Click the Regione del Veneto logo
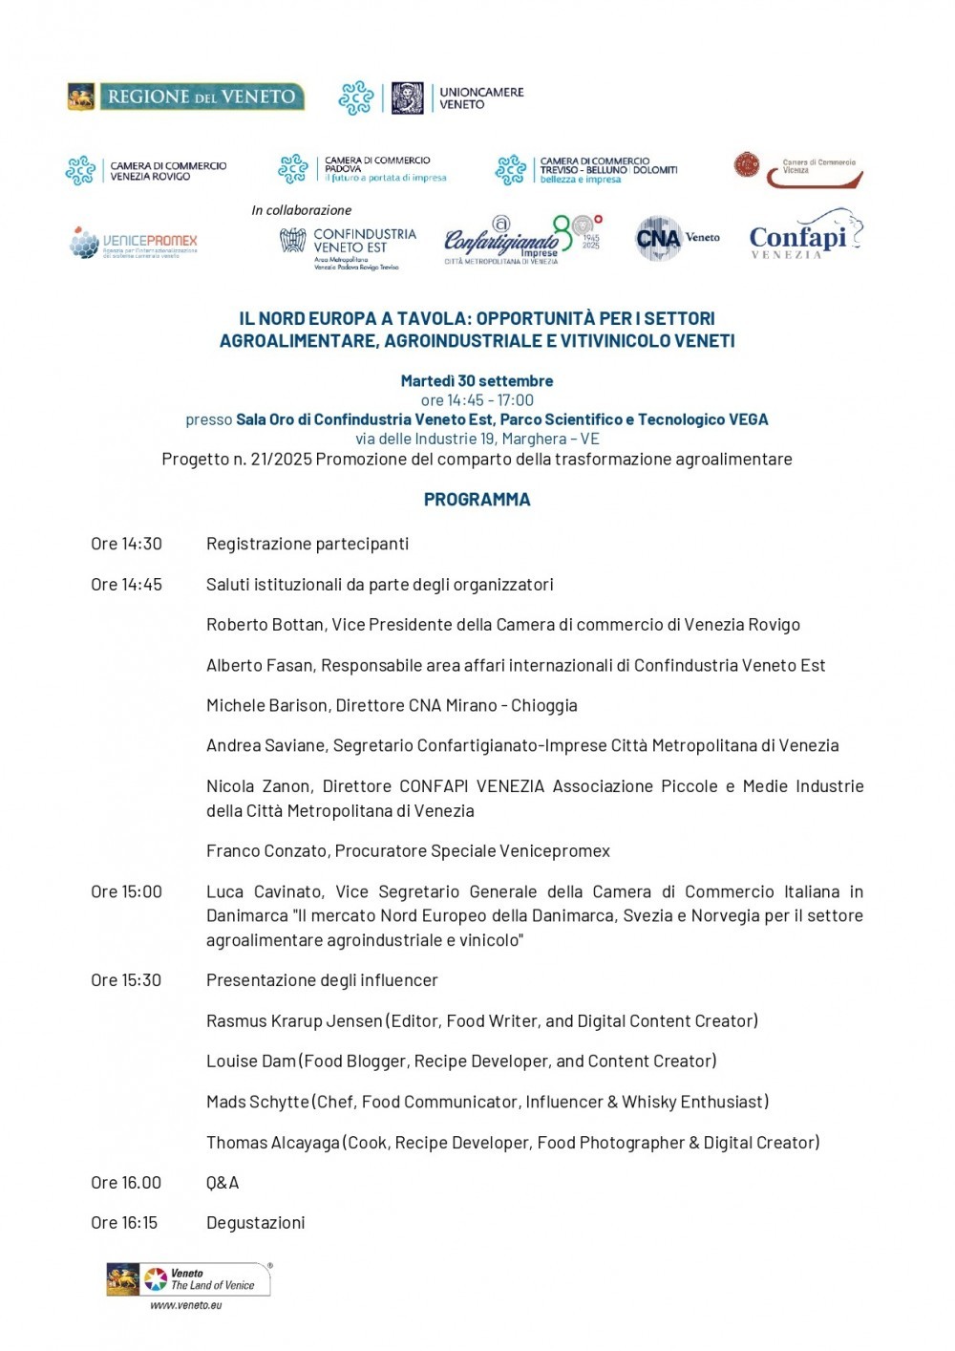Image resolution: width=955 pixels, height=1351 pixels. coord(186,96)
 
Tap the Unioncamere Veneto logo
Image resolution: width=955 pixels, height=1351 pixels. coord(432,98)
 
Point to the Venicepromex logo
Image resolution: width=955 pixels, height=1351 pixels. coord(134,243)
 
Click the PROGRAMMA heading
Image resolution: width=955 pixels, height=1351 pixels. coord(477,499)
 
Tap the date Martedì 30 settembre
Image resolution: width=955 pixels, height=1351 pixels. coord(477,380)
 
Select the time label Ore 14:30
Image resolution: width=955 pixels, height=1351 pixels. coord(126,544)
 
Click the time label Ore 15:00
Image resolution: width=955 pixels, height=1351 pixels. coord(126,891)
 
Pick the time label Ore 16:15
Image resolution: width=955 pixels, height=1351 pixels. coord(124,1222)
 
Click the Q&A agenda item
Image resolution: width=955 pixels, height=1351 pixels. coord(223,1182)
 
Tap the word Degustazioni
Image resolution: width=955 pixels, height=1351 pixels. coord(255,1222)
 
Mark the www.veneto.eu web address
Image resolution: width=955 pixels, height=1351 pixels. coord(186,1304)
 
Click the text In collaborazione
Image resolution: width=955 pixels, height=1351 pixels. coord(301,210)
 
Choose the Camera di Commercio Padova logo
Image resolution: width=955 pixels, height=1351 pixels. coord(363,169)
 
